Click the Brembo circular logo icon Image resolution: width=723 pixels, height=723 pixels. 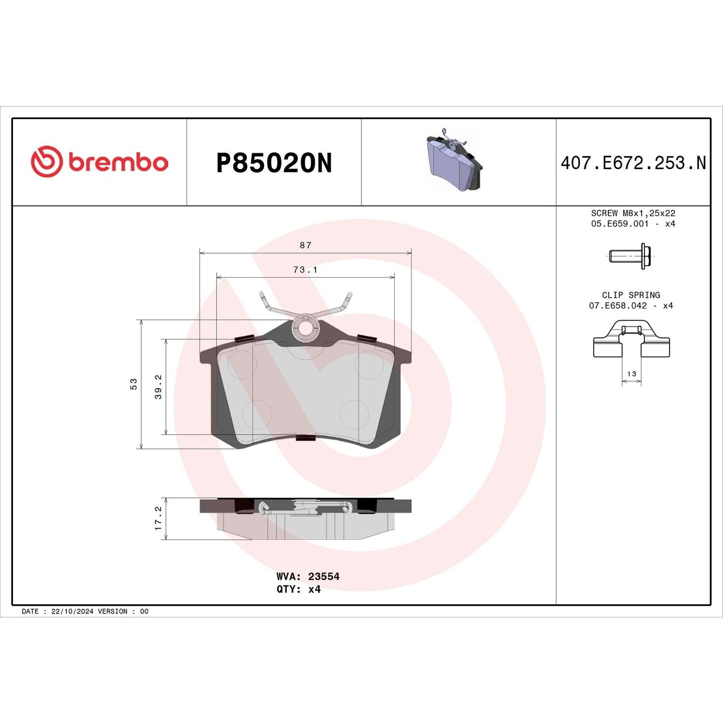[x=47, y=162]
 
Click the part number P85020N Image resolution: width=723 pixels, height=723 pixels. [x=274, y=163]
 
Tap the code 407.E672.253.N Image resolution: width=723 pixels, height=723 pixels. [x=633, y=163]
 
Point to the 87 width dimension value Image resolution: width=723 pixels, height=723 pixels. [x=305, y=245]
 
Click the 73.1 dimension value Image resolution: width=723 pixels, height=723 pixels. [x=305, y=270]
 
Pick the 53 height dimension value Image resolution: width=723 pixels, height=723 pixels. [x=134, y=384]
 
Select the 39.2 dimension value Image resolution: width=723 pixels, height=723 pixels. [x=159, y=387]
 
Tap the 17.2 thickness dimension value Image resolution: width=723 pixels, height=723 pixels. [x=159, y=518]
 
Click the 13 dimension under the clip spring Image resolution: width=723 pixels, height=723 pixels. [x=631, y=374]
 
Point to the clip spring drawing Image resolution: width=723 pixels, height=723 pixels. [x=631, y=340]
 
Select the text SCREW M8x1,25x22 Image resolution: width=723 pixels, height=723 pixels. [x=633, y=213]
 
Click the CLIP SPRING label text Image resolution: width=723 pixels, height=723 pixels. [x=631, y=295]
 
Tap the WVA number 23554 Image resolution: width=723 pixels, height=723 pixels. [x=324, y=576]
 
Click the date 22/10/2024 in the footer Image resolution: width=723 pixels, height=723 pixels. [x=72, y=611]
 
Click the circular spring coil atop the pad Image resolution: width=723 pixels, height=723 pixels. [x=305, y=328]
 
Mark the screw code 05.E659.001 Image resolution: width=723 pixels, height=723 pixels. [x=619, y=224]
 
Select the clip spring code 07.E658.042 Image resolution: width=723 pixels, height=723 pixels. [x=617, y=306]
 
